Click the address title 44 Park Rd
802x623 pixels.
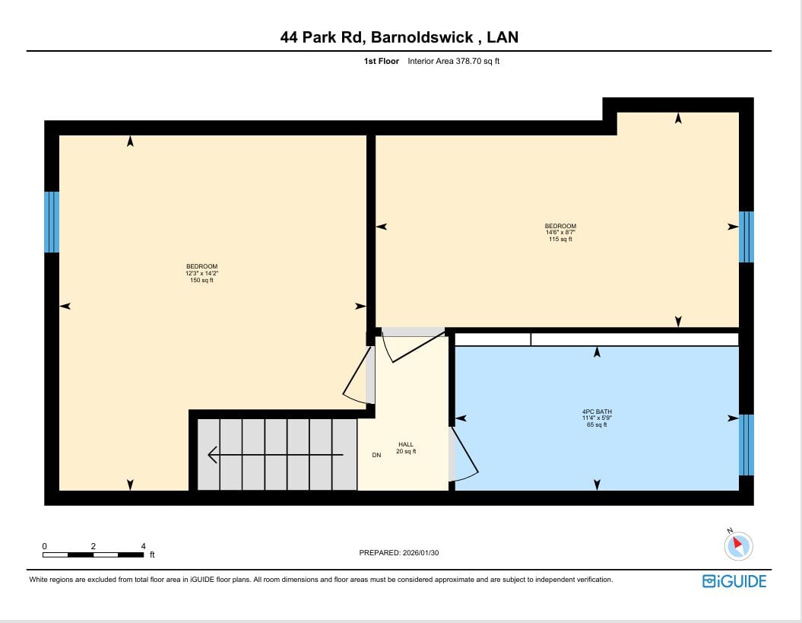[x=321, y=37]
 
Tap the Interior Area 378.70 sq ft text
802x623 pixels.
[x=453, y=61]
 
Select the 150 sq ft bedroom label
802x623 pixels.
[x=201, y=273]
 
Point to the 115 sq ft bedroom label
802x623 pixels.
[x=560, y=233]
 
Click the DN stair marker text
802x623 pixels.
[x=376, y=455]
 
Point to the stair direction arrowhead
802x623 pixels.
[x=212, y=455]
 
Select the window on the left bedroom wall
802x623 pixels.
[x=52, y=222]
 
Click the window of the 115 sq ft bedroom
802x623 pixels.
[x=747, y=237]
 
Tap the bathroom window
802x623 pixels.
[x=747, y=445]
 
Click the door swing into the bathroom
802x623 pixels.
[x=464, y=455]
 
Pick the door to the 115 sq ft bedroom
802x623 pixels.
[x=414, y=345]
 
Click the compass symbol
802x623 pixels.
[x=738, y=545]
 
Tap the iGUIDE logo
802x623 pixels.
[x=734, y=581]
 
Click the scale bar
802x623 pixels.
[x=93, y=555]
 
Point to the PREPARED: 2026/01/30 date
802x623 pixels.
[x=399, y=553]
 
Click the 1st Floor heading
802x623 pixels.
[x=381, y=61]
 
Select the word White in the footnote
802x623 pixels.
[x=38, y=580]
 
